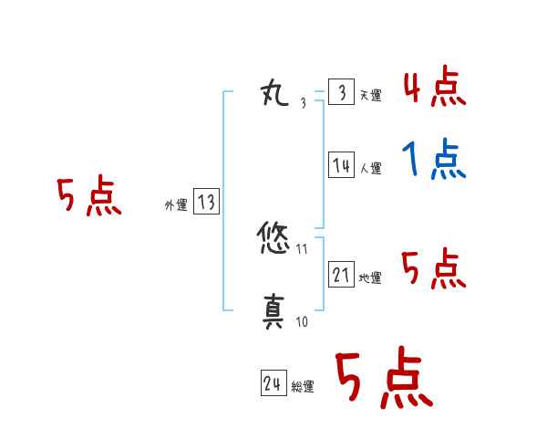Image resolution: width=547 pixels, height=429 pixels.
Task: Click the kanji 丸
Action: click(x=275, y=92)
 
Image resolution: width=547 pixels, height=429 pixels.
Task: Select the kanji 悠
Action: click(x=275, y=240)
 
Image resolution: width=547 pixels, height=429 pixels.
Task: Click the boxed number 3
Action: click(x=341, y=93)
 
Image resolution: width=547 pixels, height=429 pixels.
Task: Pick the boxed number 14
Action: click(x=341, y=165)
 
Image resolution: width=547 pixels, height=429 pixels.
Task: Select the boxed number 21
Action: click(x=341, y=274)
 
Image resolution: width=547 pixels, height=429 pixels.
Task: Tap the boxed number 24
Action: click(x=273, y=384)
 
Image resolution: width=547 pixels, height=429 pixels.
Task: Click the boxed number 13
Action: click(x=206, y=203)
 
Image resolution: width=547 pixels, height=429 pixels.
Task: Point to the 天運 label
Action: click(x=370, y=96)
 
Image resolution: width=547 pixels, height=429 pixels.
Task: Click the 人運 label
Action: click(x=370, y=169)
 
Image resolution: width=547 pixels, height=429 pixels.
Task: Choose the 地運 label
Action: click(x=370, y=277)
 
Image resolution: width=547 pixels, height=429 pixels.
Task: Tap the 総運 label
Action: click(x=303, y=387)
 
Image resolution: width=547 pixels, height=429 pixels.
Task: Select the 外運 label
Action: click(x=176, y=206)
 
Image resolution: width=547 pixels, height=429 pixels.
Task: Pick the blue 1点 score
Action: click(x=434, y=162)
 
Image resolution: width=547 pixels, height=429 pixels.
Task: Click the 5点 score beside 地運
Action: click(x=434, y=269)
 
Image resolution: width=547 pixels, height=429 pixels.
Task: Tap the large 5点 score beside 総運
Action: click(x=383, y=380)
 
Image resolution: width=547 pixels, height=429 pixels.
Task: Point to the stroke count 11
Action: click(x=302, y=247)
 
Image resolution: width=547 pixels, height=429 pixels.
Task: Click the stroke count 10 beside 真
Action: click(x=302, y=321)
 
